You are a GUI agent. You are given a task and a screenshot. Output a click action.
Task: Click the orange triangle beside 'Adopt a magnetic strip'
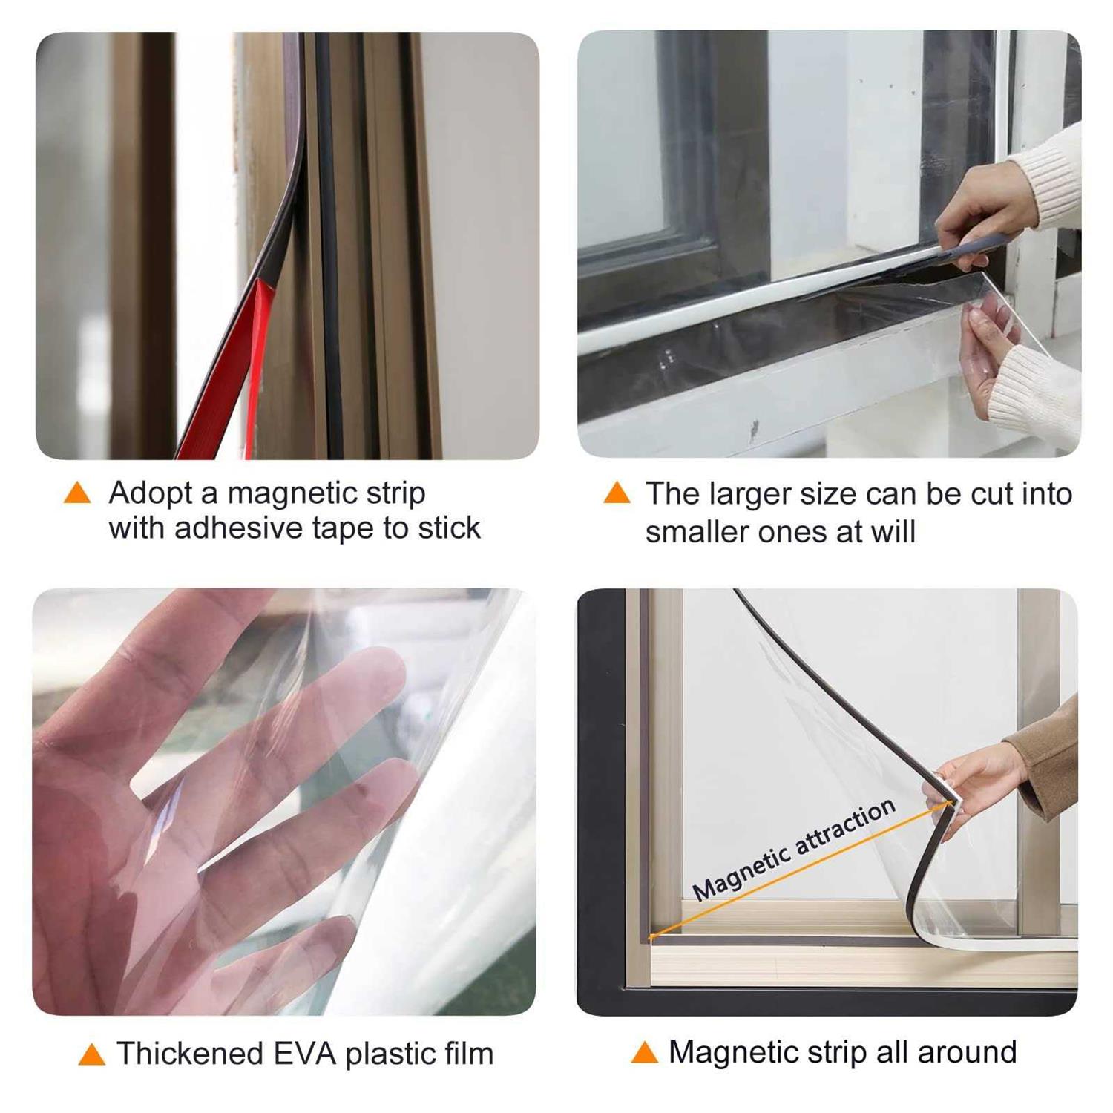coord(77,493)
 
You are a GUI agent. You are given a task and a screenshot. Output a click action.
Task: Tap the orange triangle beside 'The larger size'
coord(617,493)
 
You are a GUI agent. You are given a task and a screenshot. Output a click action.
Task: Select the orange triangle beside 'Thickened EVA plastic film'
coord(91,1054)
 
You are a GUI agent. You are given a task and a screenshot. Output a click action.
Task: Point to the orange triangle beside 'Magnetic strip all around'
coord(644,1052)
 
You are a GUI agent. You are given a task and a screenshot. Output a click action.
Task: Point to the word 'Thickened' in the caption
coord(189,1054)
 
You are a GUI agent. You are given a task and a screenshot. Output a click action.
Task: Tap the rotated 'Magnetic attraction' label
coord(794,850)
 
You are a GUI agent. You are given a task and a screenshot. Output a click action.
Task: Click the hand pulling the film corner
coord(972,779)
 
